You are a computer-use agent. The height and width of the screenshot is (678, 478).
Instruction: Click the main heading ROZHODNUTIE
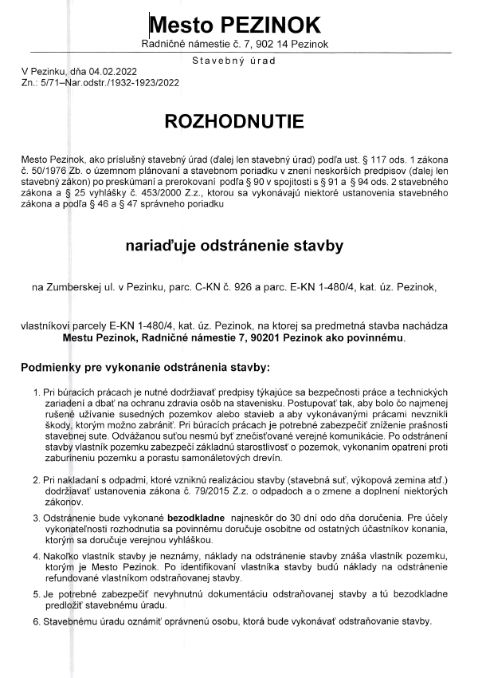tap(233, 121)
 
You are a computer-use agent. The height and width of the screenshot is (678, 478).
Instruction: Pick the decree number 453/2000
tap(166, 194)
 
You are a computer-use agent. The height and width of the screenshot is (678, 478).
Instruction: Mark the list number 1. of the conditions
tap(37, 395)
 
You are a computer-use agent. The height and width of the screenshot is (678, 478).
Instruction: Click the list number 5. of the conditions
tap(37, 594)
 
